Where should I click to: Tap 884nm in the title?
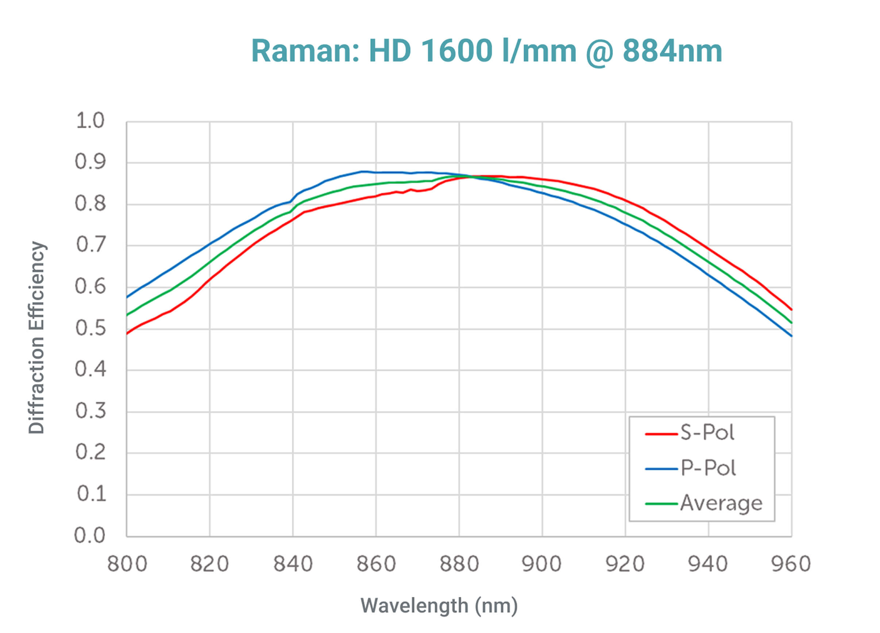(672, 51)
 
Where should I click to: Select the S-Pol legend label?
(707, 432)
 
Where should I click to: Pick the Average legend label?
(721, 503)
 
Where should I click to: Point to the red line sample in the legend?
(661, 434)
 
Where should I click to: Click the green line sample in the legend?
(661, 504)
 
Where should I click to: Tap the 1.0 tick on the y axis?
(90, 121)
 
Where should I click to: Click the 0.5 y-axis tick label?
(90, 328)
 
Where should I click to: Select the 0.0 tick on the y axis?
(90, 535)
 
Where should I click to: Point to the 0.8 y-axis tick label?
(90, 203)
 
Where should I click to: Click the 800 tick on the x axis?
(127, 564)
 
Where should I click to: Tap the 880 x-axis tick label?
(459, 564)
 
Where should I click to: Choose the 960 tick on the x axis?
(791, 564)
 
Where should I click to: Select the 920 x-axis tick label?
(625, 564)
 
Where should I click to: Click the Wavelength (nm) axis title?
(439, 605)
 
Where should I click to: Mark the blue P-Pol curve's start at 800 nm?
(127, 297)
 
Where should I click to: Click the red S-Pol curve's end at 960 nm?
(791, 309)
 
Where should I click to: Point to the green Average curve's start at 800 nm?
(127, 315)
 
